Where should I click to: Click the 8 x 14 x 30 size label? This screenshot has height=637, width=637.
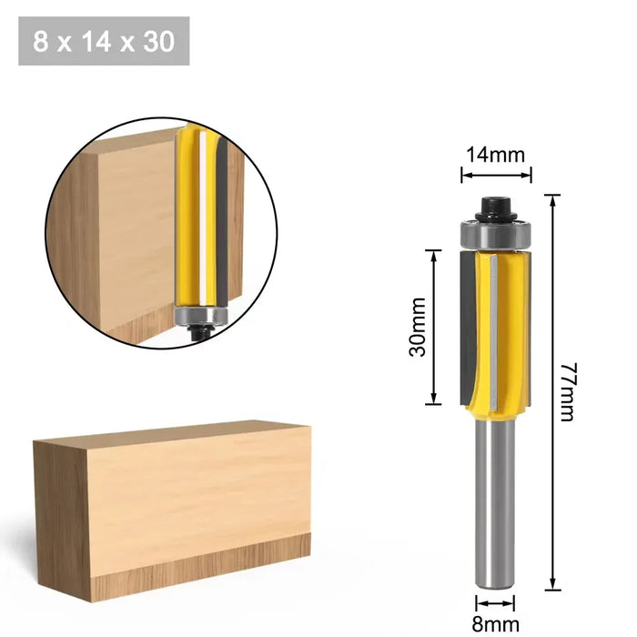[x=104, y=41]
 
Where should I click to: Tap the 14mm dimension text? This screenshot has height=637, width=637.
[x=495, y=154]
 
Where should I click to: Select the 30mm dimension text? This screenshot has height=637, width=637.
[x=418, y=326]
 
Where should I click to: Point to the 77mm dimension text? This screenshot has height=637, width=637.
[x=566, y=391]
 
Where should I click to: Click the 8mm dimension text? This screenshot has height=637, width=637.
[x=495, y=623]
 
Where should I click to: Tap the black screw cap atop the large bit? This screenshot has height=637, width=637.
[x=496, y=203]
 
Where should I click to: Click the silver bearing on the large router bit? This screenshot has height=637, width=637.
[x=495, y=234]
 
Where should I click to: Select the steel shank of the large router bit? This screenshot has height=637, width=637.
[x=496, y=510]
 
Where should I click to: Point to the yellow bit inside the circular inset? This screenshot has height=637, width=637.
[x=195, y=218]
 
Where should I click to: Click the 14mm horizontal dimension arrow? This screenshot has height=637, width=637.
[x=495, y=172]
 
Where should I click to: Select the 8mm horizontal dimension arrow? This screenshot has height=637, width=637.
[x=496, y=602]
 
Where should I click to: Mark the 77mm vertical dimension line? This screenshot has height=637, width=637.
[x=551, y=391]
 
